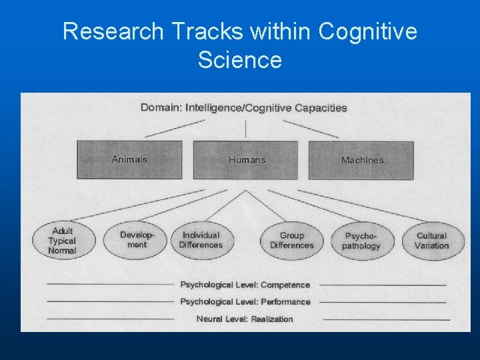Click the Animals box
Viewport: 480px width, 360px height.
[x=129, y=159]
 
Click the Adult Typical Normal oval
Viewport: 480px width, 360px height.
[x=63, y=241]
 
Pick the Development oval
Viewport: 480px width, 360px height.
[x=137, y=239]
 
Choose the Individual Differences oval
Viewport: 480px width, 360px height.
[x=201, y=240]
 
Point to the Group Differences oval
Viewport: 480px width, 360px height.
[x=291, y=240]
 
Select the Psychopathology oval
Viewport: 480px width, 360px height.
[x=361, y=241]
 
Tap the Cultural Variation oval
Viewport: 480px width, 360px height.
[x=431, y=240]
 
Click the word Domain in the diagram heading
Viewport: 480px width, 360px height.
[x=161, y=107]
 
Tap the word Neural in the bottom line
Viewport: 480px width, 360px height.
[x=210, y=319]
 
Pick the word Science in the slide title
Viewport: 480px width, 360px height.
[x=240, y=60]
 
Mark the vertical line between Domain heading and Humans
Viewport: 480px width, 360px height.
[x=246, y=128]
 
